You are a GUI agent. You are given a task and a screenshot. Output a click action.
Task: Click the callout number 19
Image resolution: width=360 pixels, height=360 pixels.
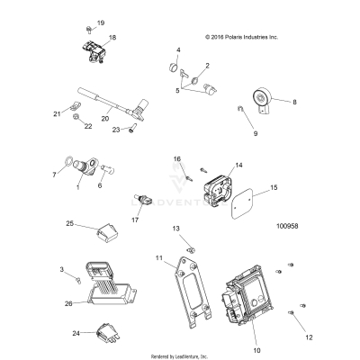pyautogui.click(x=100, y=22)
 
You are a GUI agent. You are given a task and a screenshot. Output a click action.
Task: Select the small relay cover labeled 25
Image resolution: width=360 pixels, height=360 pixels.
pyautogui.click(x=107, y=238)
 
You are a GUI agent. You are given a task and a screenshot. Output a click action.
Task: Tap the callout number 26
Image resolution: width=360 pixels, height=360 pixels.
pyautogui.click(x=69, y=304)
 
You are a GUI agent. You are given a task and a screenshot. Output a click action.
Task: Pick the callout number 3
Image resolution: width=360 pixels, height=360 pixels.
pyautogui.click(x=61, y=270)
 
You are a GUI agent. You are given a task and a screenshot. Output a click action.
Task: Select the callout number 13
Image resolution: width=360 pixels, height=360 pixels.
pyautogui.click(x=175, y=229)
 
